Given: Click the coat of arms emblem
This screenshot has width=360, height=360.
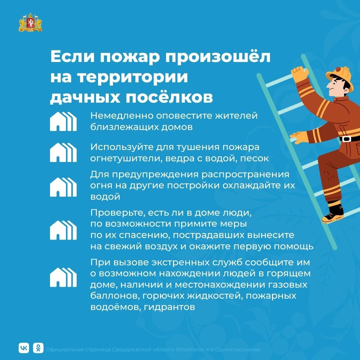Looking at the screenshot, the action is [30, 22].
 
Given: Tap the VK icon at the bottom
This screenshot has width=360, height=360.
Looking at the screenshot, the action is [24, 348].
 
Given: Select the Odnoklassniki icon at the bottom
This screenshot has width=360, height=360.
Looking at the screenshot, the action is [38, 348].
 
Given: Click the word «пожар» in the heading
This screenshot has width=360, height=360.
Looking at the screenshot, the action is [130, 57].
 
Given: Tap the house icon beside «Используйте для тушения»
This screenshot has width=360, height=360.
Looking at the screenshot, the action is [63, 152].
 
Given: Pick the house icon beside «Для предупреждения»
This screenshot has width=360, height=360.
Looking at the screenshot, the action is [63, 187].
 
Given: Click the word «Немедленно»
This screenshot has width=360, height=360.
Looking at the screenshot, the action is [122, 115].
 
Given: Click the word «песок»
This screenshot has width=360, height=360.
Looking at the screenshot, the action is [254, 158].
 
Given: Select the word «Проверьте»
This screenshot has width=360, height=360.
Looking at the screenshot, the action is [117, 213].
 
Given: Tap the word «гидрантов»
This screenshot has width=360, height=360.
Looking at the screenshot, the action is [169, 307].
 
